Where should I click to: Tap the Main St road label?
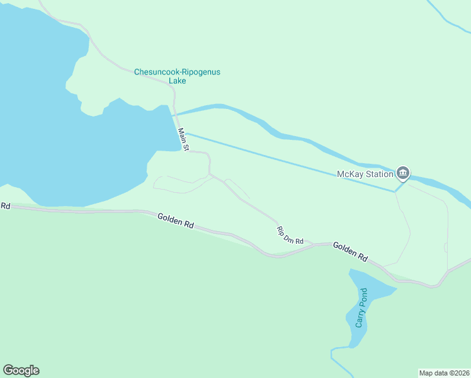point(183,140)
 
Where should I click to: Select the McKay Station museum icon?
point(402,173)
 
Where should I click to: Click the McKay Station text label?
point(365,173)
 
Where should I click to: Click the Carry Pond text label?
point(360,308)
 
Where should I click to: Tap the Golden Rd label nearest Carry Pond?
point(350,251)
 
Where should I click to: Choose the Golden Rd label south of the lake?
point(175,221)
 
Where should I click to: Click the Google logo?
point(21,370)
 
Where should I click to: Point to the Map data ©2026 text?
point(444,373)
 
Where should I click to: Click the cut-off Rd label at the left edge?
point(5,206)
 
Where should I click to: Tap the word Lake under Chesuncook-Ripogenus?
point(177,81)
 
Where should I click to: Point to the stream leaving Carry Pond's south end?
point(336,356)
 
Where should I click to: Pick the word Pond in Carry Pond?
point(362,297)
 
